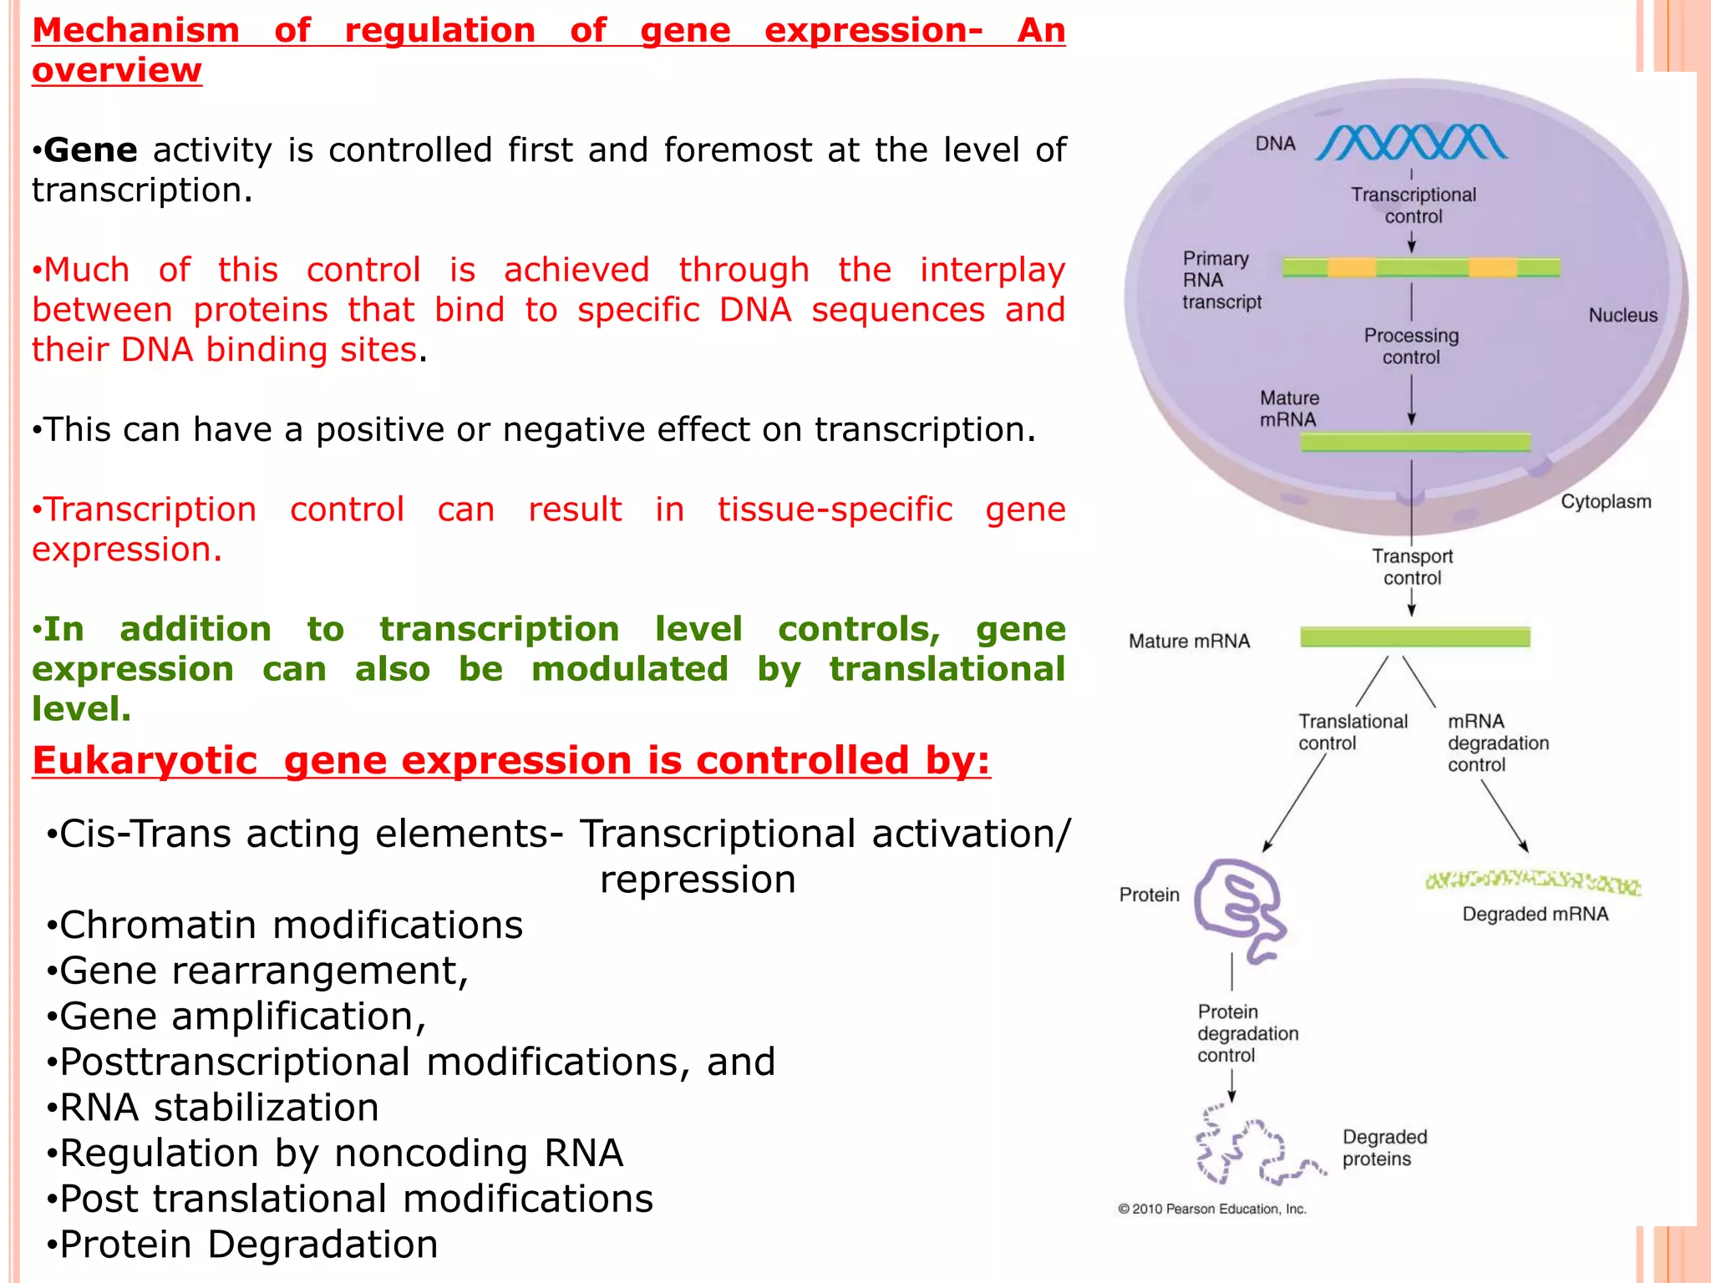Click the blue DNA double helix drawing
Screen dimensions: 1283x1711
(1412, 143)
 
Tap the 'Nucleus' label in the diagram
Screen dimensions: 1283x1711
(1622, 315)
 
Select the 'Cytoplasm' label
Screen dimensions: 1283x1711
(1606, 501)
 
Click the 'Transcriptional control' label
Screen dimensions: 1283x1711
(1414, 205)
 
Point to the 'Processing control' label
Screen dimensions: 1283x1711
(1411, 346)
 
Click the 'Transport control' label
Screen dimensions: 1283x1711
(1412, 566)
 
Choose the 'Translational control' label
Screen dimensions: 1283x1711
(1352, 732)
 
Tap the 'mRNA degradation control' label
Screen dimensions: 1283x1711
(1497, 743)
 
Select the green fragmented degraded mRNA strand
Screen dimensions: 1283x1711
(1532, 882)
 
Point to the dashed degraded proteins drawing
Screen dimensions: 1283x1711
(1253, 1148)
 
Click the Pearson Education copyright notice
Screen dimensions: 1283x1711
(1211, 1209)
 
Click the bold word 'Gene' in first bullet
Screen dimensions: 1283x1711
(90, 150)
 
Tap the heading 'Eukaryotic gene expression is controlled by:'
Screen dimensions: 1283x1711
(510, 760)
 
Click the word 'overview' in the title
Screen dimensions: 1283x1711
(117, 70)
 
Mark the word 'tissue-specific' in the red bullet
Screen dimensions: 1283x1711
(835, 509)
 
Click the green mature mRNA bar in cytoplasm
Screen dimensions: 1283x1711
(1414, 637)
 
